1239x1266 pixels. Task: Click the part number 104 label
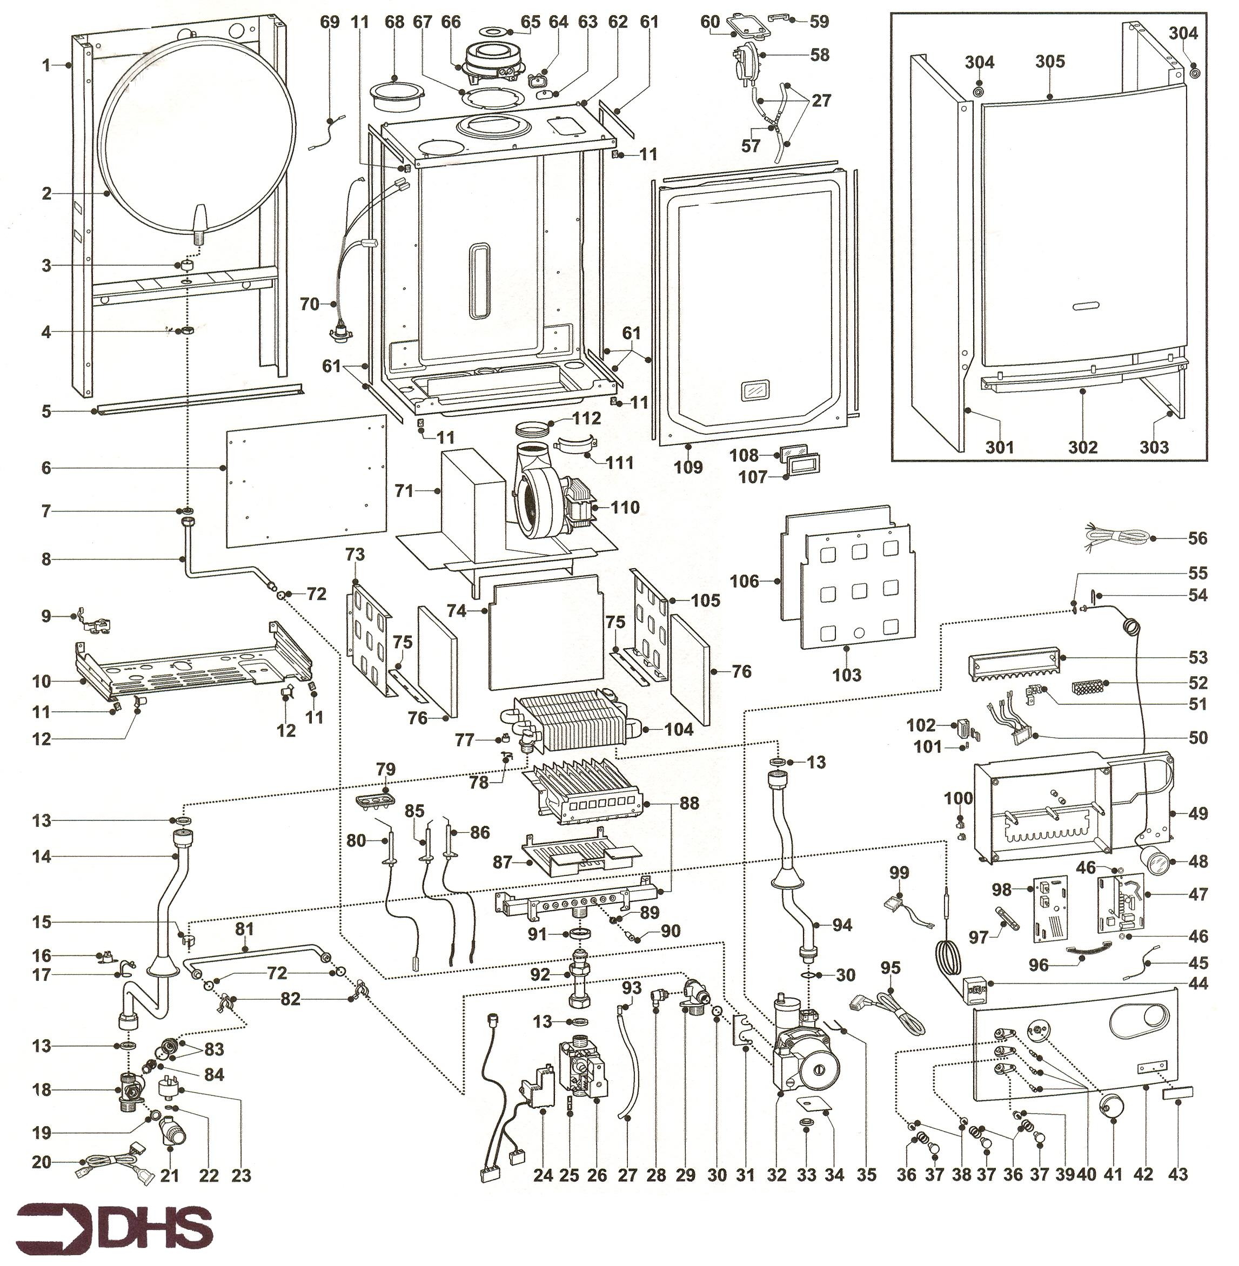(679, 729)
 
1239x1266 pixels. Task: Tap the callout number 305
(1050, 62)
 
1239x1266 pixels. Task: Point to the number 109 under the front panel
(688, 467)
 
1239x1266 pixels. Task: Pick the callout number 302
(1082, 447)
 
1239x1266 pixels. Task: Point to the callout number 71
(404, 490)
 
